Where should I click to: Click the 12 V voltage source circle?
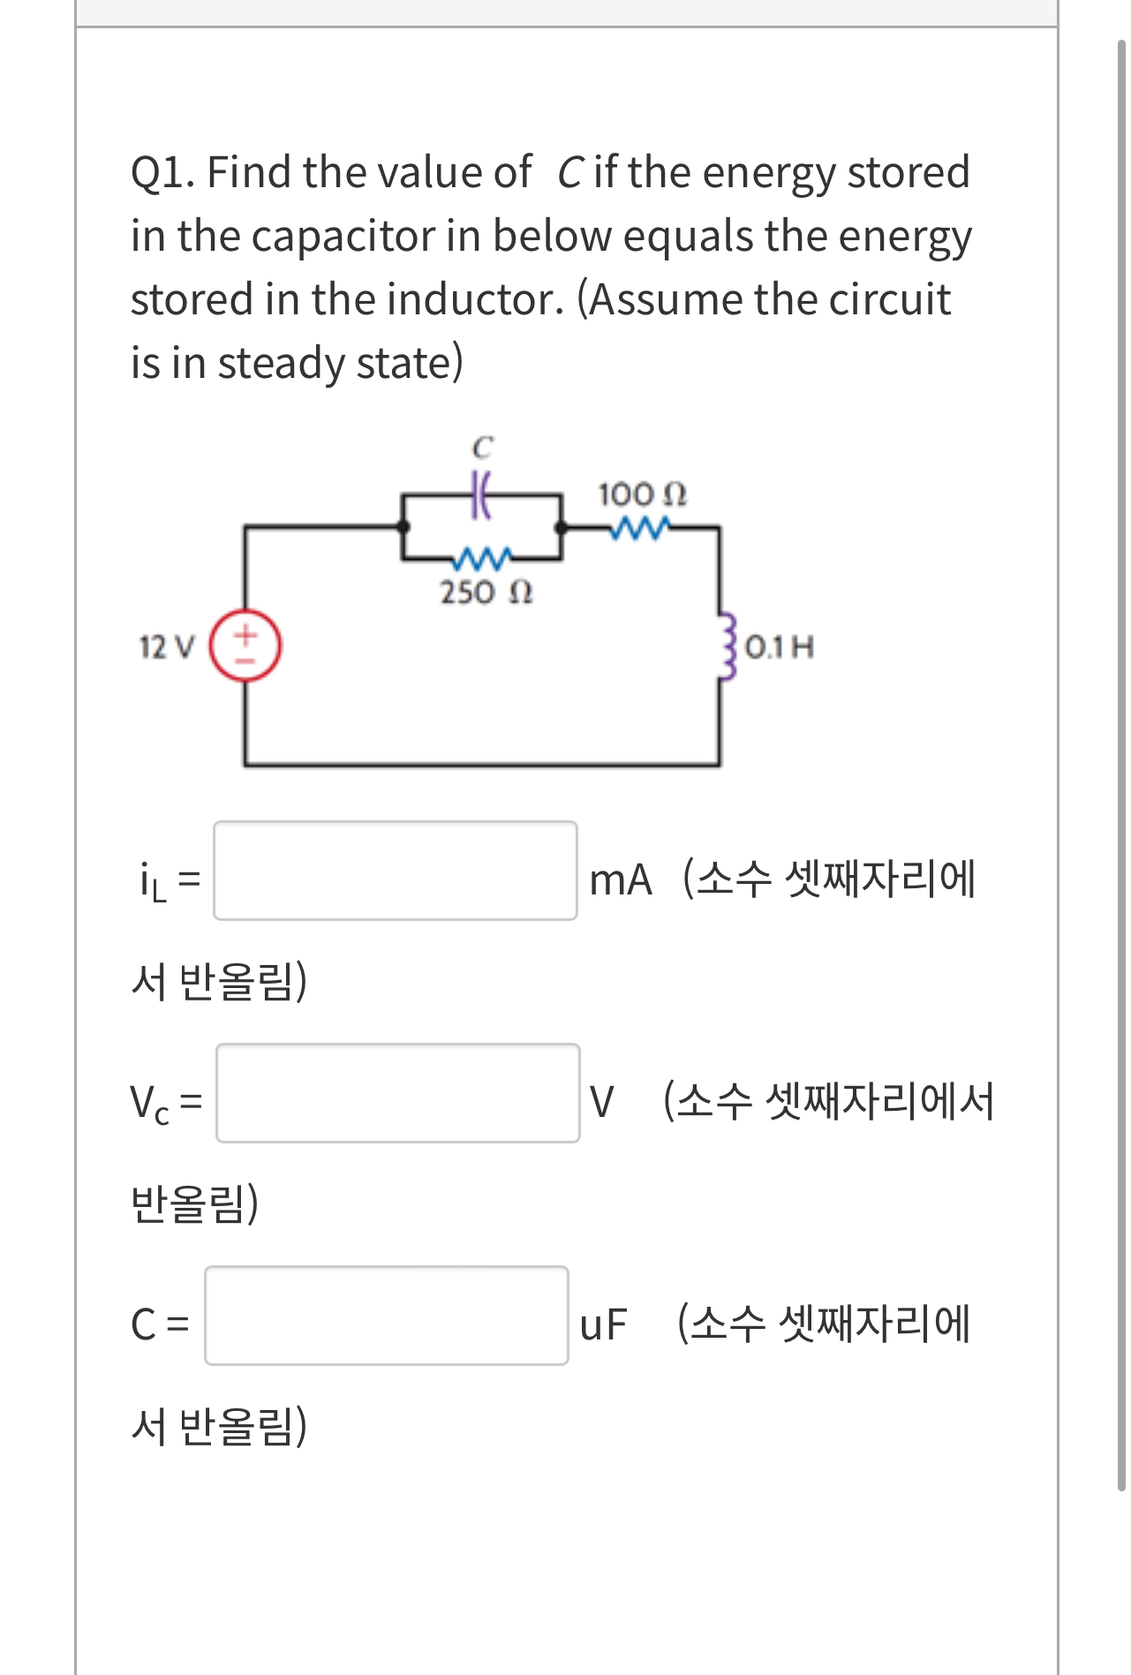(245, 646)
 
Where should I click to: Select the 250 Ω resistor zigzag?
(482, 558)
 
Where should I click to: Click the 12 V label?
(166, 647)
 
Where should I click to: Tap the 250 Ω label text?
(486, 592)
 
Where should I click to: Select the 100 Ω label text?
(642, 494)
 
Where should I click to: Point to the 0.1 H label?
(780, 647)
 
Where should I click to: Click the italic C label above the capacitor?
(481, 448)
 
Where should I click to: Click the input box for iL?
(396, 871)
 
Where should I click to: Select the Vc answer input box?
(398, 1093)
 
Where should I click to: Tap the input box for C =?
(387, 1316)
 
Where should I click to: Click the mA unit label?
(621, 880)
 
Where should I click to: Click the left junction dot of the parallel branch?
(403, 527)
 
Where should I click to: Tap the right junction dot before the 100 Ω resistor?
(561, 527)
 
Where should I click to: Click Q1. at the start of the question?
(163, 172)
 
